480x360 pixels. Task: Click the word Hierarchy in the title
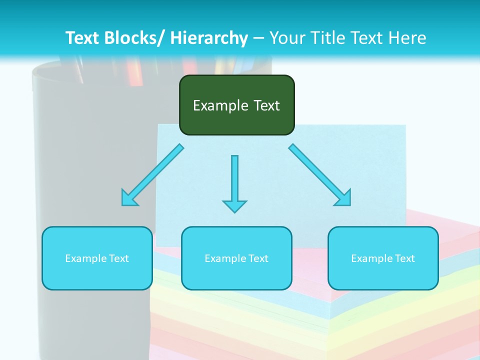tap(209, 38)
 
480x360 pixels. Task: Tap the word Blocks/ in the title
tap(132, 38)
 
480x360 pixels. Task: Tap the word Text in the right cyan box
tap(404, 258)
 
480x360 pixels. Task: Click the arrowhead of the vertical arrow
tap(234, 206)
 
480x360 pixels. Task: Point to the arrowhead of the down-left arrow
tap(128, 198)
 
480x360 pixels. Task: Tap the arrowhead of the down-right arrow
tap(343, 198)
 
